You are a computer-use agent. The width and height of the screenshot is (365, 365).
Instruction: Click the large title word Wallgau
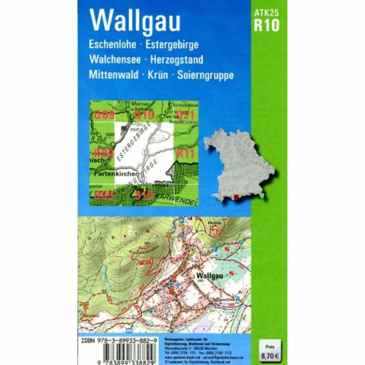tap(135, 21)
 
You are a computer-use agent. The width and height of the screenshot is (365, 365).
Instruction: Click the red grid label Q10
tap(144, 115)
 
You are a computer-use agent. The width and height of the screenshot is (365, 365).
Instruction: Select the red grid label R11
tap(185, 154)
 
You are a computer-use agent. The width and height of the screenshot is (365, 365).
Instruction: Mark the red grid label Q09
tap(104, 115)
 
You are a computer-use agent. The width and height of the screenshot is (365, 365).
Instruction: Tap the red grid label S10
tap(144, 195)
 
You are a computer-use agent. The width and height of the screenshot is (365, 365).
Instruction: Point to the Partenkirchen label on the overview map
tap(115, 174)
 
